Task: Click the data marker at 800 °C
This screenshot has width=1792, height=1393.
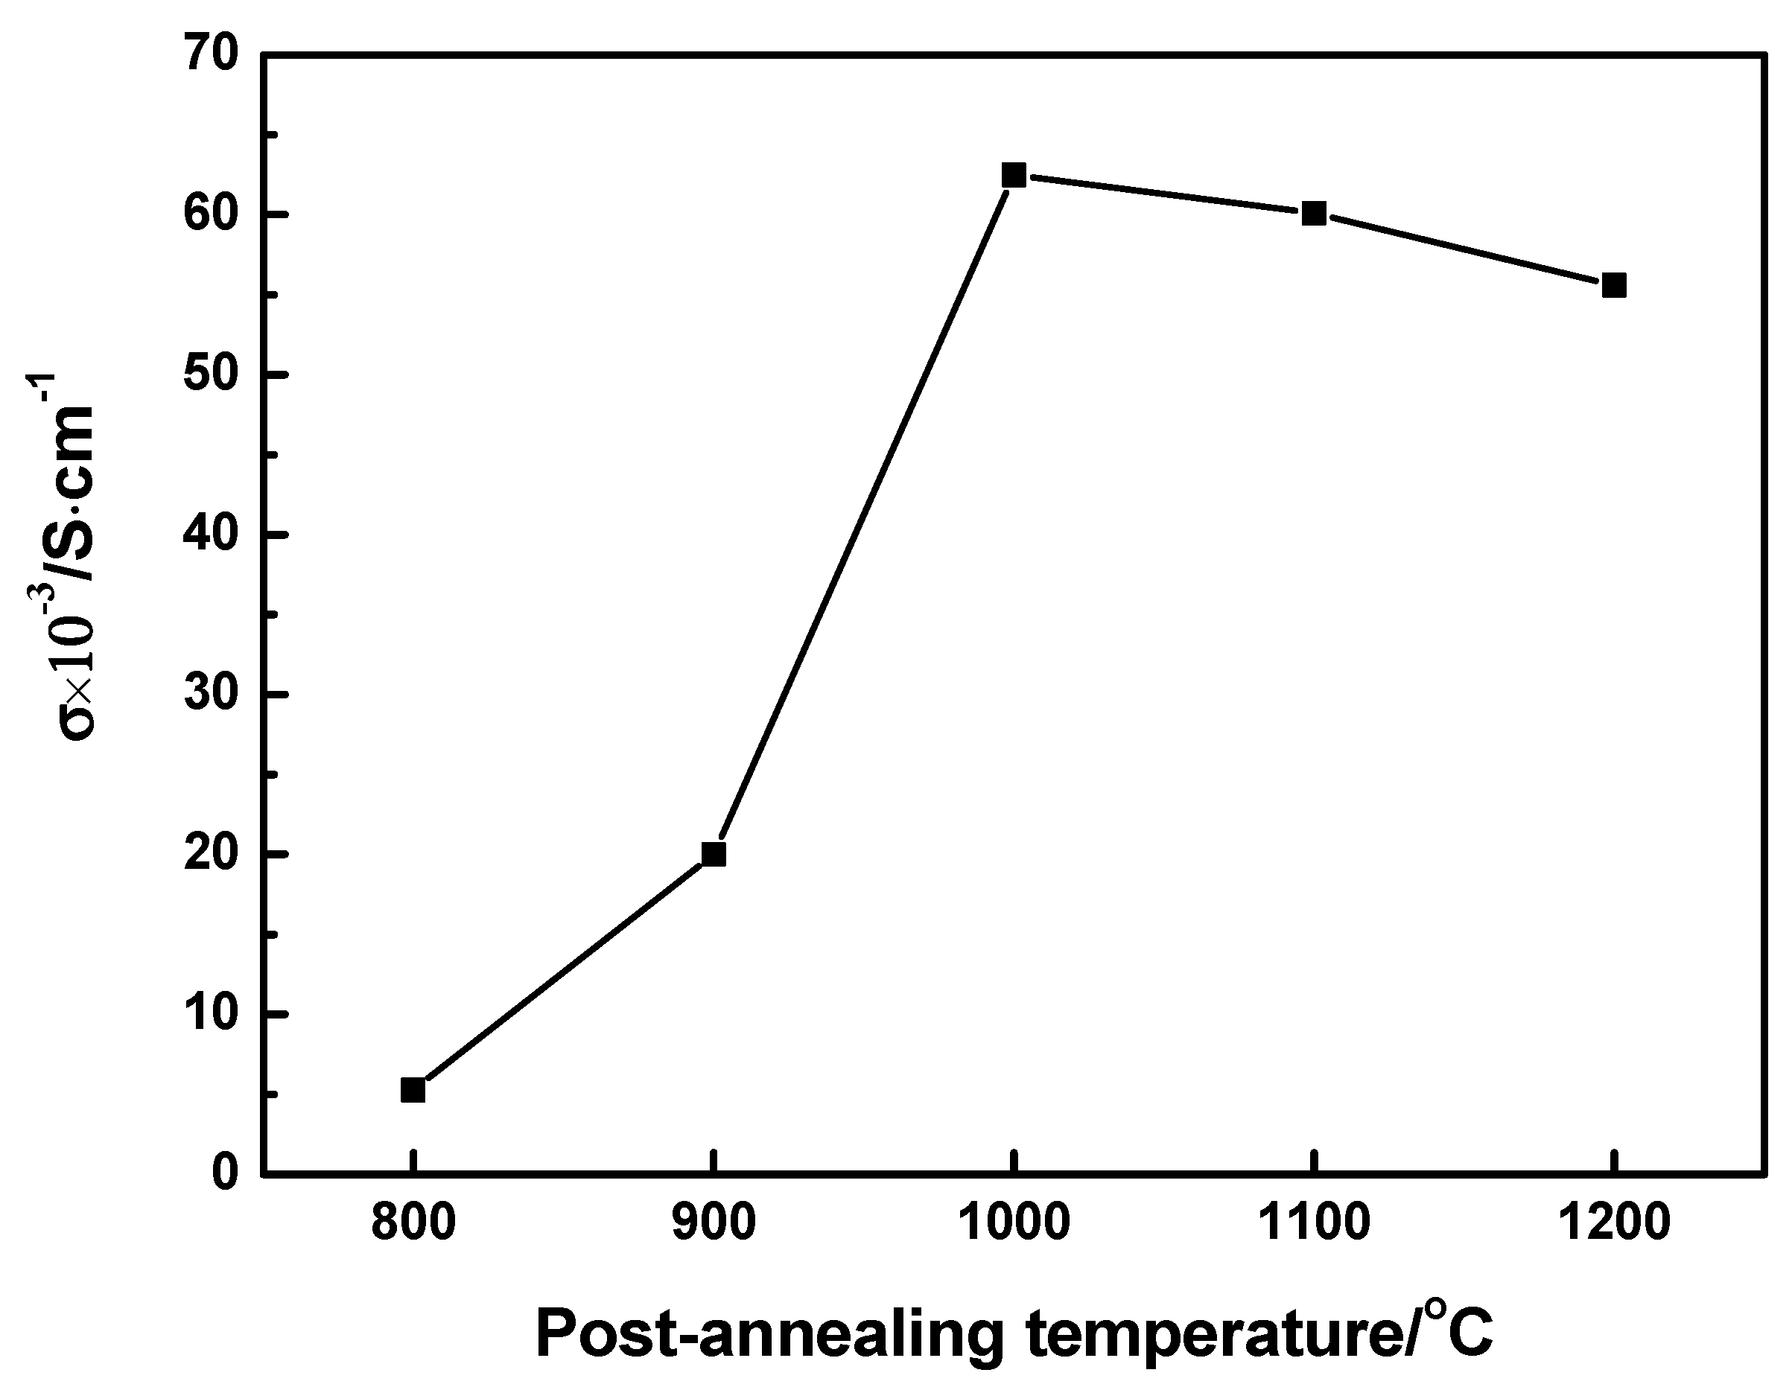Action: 413,1090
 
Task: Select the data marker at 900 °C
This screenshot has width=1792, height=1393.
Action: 714,854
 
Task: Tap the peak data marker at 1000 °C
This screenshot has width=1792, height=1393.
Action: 1014,175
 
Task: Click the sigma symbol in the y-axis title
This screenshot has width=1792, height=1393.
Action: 80,723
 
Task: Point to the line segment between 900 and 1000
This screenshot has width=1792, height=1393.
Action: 864,514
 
